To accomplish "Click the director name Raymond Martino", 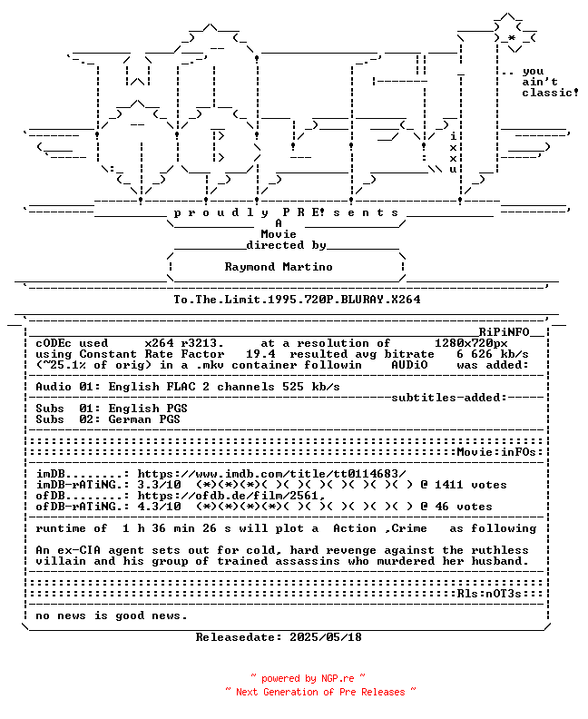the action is pyautogui.click(x=279, y=267).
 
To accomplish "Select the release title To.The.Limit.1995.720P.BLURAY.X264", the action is pyautogui.click(x=297, y=300).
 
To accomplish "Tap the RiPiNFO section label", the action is pyautogui.click(x=505, y=332).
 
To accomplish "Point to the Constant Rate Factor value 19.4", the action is pyautogui.click(x=260, y=354).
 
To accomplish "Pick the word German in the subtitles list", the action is pyautogui.click(x=130, y=419).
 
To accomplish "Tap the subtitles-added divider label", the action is pyautogui.click(x=449, y=398).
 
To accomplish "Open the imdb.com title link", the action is pyautogui.click(x=272, y=474).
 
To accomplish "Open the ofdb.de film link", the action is pyautogui.click(x=231, y=496).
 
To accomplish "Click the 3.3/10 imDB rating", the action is pyautogui.click(x=159, y=485).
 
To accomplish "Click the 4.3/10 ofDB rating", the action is pyautogui.click(x=159, y=507).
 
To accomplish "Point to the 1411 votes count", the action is pyautogui.click(x=471, y=485).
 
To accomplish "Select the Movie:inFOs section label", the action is pyautogui.click(x=496, y=452).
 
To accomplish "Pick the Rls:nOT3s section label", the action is pyautogui.click(x=489, y=594).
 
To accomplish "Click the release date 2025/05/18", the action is pyautogui.click(x=326, y=637).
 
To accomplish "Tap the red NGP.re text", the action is pyautogui.click(x=338, y=679).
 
